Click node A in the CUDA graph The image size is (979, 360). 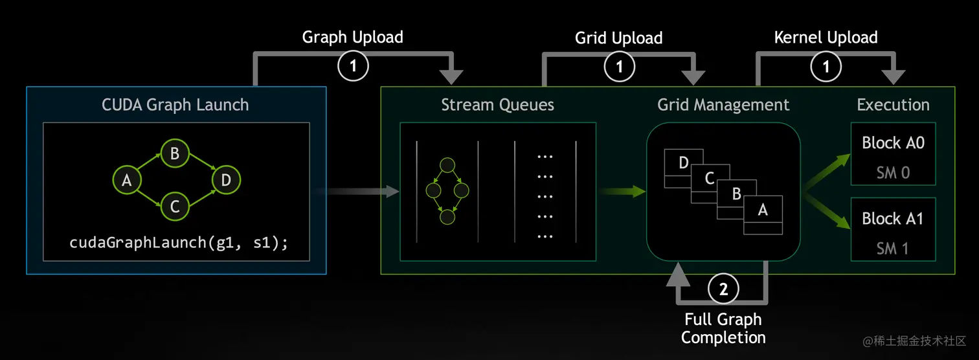click(x=127, y=181)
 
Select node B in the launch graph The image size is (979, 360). click(x=174, y=154)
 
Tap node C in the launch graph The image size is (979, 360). click(x=174, y=206)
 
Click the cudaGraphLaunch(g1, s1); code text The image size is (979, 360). click(x=178, y=243)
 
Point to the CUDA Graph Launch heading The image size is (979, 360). click(x=175, y=104)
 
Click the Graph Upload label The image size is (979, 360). click(x=352, y=37)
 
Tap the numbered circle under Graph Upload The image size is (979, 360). click(x=353, y=65)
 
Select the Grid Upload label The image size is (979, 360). click(x=618, y=38)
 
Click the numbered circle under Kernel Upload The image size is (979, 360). click(x=826, y=65)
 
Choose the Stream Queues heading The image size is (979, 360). click(x=497, y=104)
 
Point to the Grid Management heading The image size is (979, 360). click(x=723, y=104)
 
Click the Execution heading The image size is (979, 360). click(x=893, y=104)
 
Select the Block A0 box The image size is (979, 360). click(x=893, y=155)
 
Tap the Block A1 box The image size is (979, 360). click(x=893, y=230)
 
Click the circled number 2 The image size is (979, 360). click(x=723, y=289)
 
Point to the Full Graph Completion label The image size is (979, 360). click(x=723, y=328)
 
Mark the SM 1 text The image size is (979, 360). click(x=893, y=248)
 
